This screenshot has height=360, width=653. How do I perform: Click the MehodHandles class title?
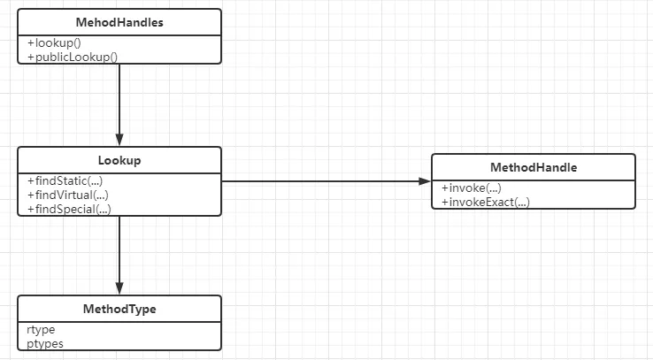pos(119,22)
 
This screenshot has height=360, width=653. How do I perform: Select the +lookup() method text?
pos(54,42)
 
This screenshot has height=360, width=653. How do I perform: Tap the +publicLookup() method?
pos(73,57)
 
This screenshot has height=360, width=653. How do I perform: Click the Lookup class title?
pos(119,160)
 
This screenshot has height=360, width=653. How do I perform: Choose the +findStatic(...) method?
pos(65,181)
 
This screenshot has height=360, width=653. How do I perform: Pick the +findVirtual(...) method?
pos(68,195)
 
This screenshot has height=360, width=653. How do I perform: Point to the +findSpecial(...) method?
pos(69,209)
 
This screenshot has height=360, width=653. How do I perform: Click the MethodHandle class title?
pos(534,167)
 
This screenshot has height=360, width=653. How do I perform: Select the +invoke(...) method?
pos(472,188)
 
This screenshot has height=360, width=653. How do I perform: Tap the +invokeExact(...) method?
pos(486,203)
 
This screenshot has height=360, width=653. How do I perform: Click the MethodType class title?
pos(119,309)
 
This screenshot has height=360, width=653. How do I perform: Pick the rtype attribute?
pos(41,330)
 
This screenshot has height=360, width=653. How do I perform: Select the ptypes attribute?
pos(45,344)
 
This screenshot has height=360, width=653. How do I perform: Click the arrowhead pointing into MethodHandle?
pos(425,181)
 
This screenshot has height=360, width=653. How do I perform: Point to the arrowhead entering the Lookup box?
pos(119,140)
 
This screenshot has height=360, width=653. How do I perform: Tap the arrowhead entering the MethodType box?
pos(119,288)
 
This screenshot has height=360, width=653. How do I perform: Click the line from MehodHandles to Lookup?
pos(119,105)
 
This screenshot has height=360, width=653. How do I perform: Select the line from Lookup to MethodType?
pos(119,255)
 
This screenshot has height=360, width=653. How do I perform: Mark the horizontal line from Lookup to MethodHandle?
pos(326,181)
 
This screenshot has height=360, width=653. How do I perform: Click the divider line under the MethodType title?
pos(119,322)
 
